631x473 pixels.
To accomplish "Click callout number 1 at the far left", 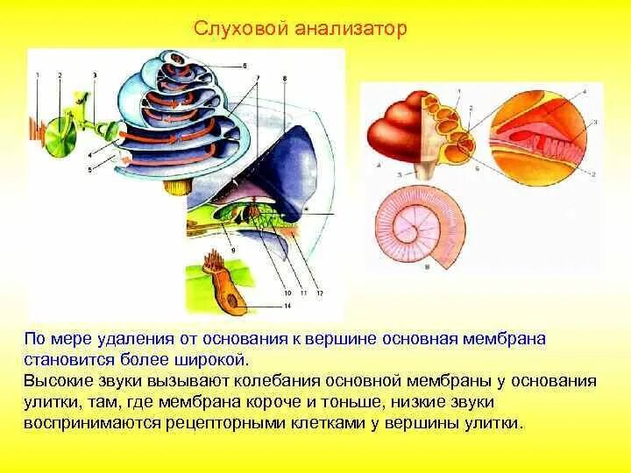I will (38, 76).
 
